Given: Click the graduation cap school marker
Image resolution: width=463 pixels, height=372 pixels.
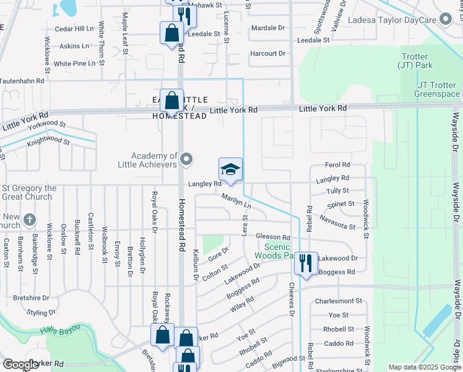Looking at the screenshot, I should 230,170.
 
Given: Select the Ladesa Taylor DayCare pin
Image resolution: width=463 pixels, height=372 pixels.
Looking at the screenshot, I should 444,19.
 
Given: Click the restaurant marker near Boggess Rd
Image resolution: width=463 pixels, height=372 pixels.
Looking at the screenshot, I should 306,262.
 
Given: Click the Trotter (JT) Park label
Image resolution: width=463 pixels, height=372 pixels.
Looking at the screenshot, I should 414,61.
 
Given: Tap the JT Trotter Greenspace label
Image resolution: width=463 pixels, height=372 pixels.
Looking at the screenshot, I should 438,89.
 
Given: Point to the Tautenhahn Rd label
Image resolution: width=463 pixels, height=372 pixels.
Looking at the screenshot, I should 22,81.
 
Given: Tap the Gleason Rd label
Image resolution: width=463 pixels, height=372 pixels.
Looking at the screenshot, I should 273,237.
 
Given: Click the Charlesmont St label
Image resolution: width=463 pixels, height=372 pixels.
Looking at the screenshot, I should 338,301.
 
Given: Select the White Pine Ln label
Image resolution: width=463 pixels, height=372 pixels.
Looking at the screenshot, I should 74,63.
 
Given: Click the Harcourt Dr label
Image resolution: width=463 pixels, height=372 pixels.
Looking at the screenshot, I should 267,54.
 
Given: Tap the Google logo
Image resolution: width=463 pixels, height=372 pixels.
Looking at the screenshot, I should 20,365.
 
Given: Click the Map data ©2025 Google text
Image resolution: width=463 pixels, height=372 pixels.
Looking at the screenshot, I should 424,367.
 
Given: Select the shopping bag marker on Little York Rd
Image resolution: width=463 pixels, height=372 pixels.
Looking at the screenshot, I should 174,100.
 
